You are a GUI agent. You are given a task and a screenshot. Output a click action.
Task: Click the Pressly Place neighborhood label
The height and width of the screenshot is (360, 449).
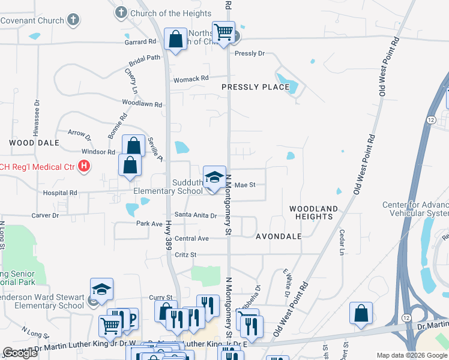pyautogui.click(x=255, y=87)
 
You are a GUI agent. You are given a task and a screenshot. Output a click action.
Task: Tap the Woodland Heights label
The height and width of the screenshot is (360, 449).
pyautogui.click(x=313, y=212)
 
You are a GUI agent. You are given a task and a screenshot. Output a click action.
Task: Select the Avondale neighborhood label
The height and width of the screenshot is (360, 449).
pyautogui.click(x=279, y=236)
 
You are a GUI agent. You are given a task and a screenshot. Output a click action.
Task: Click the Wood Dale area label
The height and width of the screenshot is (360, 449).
pyautogui.click(x=34, y=143)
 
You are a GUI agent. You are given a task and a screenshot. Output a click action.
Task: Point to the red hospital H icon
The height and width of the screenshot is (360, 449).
pyautogui.click(x=84, y=166)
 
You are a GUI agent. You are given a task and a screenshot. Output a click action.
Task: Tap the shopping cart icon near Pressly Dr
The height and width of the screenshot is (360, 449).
pyautogui.click(x=223, y=32)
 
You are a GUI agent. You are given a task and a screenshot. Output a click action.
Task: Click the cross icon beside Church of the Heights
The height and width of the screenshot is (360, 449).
pyautogui.click(x=121, y=13)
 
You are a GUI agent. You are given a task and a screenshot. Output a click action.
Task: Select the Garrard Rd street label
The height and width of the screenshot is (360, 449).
pyautogui.click(x=140, y=42)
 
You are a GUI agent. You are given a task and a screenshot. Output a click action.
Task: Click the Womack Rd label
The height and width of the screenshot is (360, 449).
pyautogui.click(x=191, y=78)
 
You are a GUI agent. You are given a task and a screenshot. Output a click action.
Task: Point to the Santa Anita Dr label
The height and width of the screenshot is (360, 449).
pyautogui.click(x=195, y=215)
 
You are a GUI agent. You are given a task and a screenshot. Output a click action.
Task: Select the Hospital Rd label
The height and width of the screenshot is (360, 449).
pyautogui.click(x=60, y=193)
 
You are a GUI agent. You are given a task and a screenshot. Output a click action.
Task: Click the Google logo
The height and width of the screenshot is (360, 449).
pyautogui.click(x=20, y=353)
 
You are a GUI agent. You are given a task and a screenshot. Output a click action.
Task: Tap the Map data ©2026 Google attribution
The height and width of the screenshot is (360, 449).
pyautogui.click(x=411, y=355)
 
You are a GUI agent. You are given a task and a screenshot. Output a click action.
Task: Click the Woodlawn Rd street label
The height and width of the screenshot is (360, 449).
pyautogui.click(x=142, y=104)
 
